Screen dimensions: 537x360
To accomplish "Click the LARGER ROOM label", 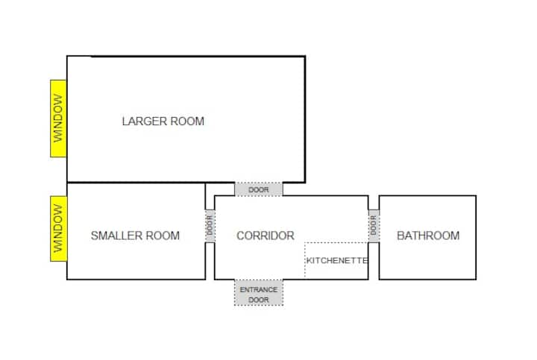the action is [163, 121].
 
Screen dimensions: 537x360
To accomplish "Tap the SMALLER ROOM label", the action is [135, 236].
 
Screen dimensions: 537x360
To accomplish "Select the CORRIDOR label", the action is [266, 236].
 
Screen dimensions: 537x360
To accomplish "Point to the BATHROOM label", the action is [428, 236].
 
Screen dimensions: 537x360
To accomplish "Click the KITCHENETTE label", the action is [337, 260].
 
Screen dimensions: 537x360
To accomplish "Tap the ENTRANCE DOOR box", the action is [259, 293].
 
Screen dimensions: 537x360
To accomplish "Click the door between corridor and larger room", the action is [259, 189].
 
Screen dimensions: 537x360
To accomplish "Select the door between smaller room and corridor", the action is [210, 226].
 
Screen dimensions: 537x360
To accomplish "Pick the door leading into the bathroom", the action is [374, 226].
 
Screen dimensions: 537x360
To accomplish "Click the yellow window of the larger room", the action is [58, 119].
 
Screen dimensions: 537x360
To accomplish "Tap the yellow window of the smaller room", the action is [59, 229].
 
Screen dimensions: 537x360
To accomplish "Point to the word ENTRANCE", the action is [259, 289].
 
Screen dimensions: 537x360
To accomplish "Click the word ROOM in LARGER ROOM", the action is [187, 121].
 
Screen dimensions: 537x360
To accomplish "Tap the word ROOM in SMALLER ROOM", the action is [163, 236].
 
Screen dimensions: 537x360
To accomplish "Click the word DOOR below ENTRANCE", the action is [259, 300].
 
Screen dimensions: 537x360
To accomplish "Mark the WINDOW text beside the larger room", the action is [58, 119].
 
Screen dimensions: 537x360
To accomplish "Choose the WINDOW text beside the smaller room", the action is [59, 229].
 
